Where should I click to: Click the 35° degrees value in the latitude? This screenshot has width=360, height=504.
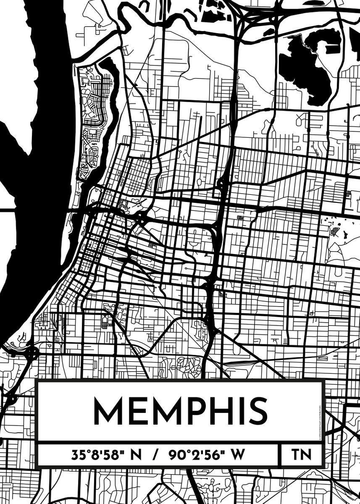coord(80,455)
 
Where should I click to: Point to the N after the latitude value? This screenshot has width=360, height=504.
coord(137,455)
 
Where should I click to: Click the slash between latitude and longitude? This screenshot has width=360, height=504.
coord(155,455)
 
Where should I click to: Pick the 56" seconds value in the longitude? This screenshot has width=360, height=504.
coord(214,455)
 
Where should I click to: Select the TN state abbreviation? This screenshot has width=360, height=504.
coord(301,455)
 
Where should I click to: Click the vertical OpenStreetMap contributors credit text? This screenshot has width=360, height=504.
coord(320,423)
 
